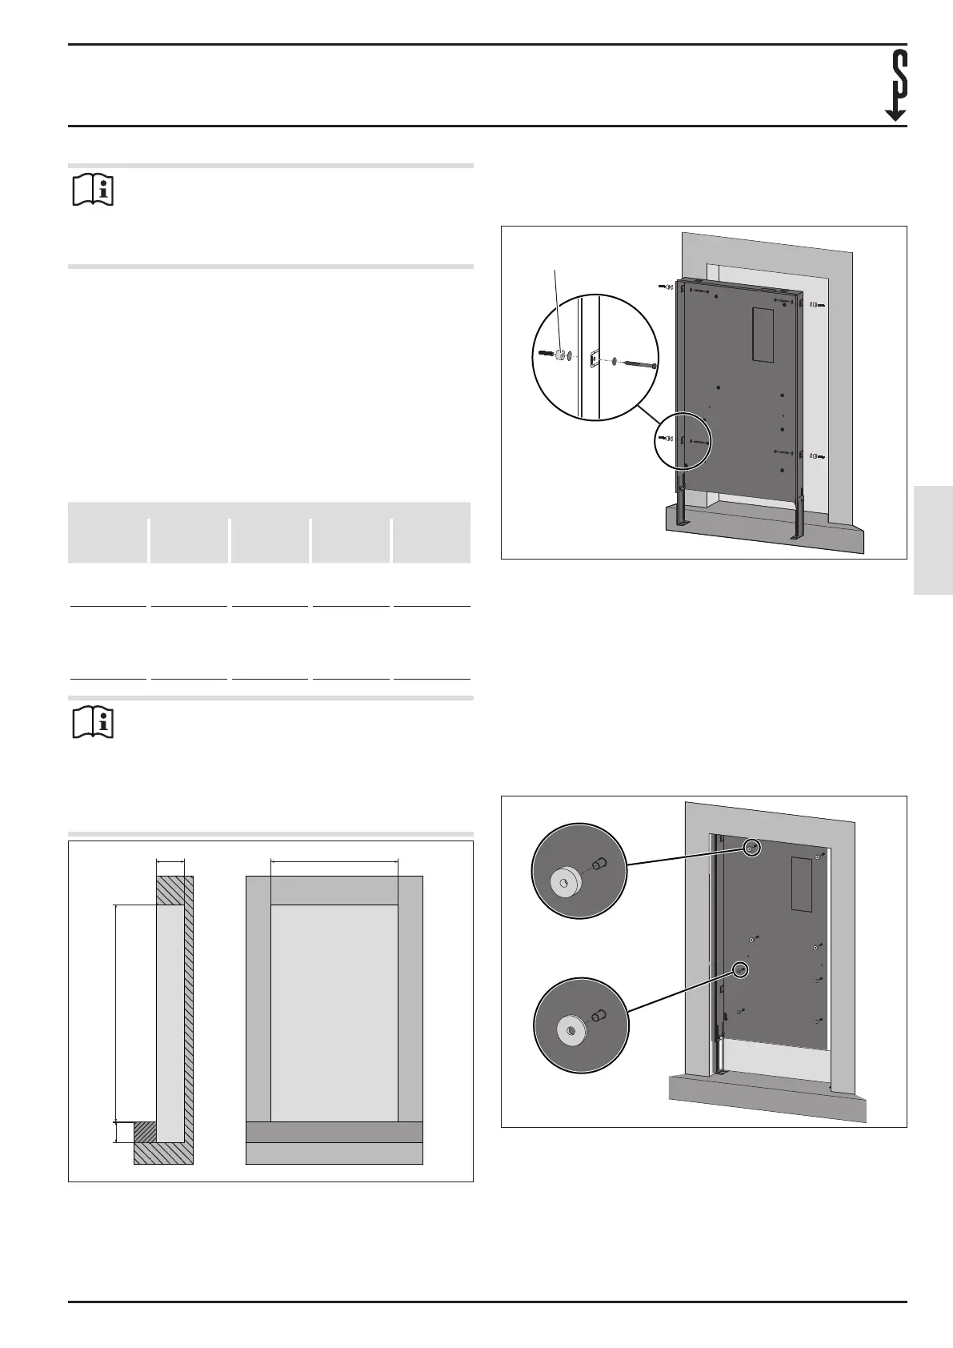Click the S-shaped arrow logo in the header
pyautogui.click(x=898, y=85)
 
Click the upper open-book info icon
pyautogui.click(x=94, y=191)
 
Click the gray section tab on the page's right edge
pyautogui.click(x=932, y=538)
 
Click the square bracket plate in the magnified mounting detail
pyautogui.click(x=594, y=360)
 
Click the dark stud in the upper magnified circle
pyautogui.click(x=600, y=863)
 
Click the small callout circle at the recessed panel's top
pyautogui.click(x=751, y=848)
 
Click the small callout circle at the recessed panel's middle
pyautogui.click(x=742, y=969)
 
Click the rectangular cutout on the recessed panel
pyautogui.click(x=802, y=884)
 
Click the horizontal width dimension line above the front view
pyautogui.click(x=334, y=861)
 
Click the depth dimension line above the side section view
pyautogui.click(x=170, y=861)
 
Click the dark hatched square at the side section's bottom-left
pyautogui.click(x=145, y=1131)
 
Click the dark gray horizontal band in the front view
pyautogui.click(x=334, y=1132)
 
